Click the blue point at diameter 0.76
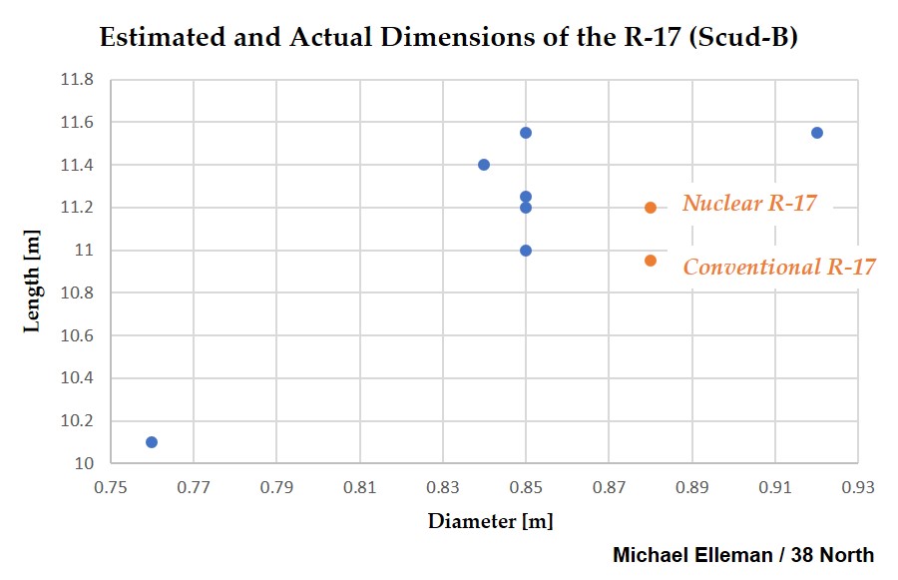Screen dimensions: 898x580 [152, 442]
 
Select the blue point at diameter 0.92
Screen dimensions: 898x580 [817, 133]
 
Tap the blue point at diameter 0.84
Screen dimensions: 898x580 [484, 165]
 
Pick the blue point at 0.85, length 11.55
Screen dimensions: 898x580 [526, 133]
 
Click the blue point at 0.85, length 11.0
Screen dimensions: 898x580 [526, 251]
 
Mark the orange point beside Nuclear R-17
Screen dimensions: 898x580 [650, 208]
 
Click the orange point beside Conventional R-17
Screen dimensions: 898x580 [650, 261]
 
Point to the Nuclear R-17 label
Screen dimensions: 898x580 [749, 203]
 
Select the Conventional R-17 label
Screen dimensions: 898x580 [779, 268]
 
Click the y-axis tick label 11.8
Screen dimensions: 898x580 [77, 79]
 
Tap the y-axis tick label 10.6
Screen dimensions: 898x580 [77, 335]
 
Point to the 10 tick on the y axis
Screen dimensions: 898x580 [84, 463]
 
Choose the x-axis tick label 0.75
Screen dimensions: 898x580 [111, 487]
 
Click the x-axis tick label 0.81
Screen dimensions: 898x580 [359, 487]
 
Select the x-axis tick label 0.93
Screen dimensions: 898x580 [858, 487]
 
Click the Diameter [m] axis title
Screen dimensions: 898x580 [491, 521]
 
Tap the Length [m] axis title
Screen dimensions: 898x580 [32, 282]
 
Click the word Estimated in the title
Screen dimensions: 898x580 [163, 37]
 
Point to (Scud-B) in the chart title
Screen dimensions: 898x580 [743, 37]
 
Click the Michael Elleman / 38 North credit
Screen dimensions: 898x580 [743, 555]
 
